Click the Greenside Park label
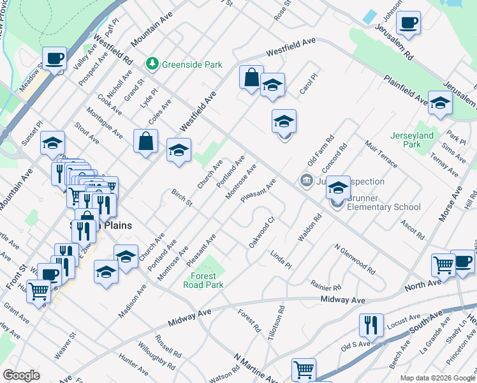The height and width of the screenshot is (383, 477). click(x=192, y=64)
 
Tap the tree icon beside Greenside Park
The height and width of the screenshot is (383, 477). click(x=152, y=64)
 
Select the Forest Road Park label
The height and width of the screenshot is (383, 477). click(x=208, y=280)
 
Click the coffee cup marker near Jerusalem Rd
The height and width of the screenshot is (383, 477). click(x=408, y=24)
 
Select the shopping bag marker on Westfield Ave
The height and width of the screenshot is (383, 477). click(x=252, y=77)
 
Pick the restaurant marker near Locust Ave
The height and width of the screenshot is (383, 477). click(x=371, y=325)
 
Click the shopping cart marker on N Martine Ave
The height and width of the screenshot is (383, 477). click(x=304, y=370)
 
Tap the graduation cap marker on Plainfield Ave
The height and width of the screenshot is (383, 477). click(x=440, y=103)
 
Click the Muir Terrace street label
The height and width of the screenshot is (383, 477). click(x=381, y=154)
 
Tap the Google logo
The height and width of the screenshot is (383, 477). click(x=21, y=375)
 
